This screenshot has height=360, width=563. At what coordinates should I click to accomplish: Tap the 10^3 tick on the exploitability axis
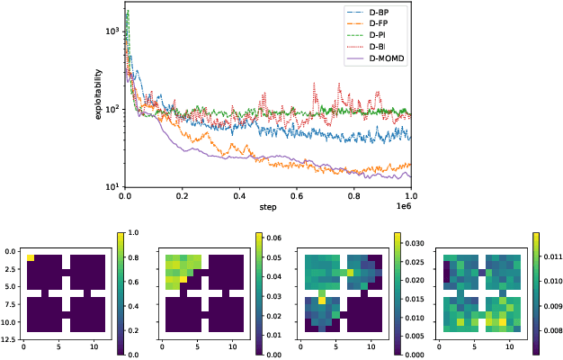[x=112, y=31]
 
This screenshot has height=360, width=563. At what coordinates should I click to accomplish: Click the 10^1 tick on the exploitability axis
[x=112, y=186]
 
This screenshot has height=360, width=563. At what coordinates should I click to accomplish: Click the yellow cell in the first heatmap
[x=31, y=257]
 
